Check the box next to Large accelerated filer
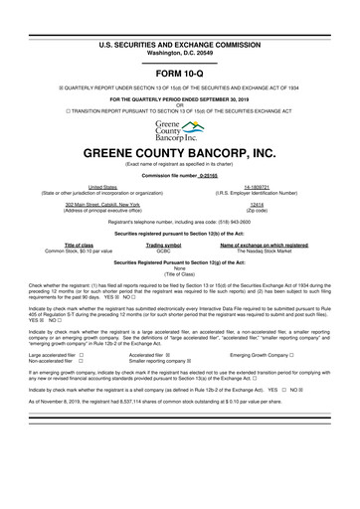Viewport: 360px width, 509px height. point(83,354)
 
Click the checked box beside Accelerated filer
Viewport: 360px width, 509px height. point(181,354)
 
